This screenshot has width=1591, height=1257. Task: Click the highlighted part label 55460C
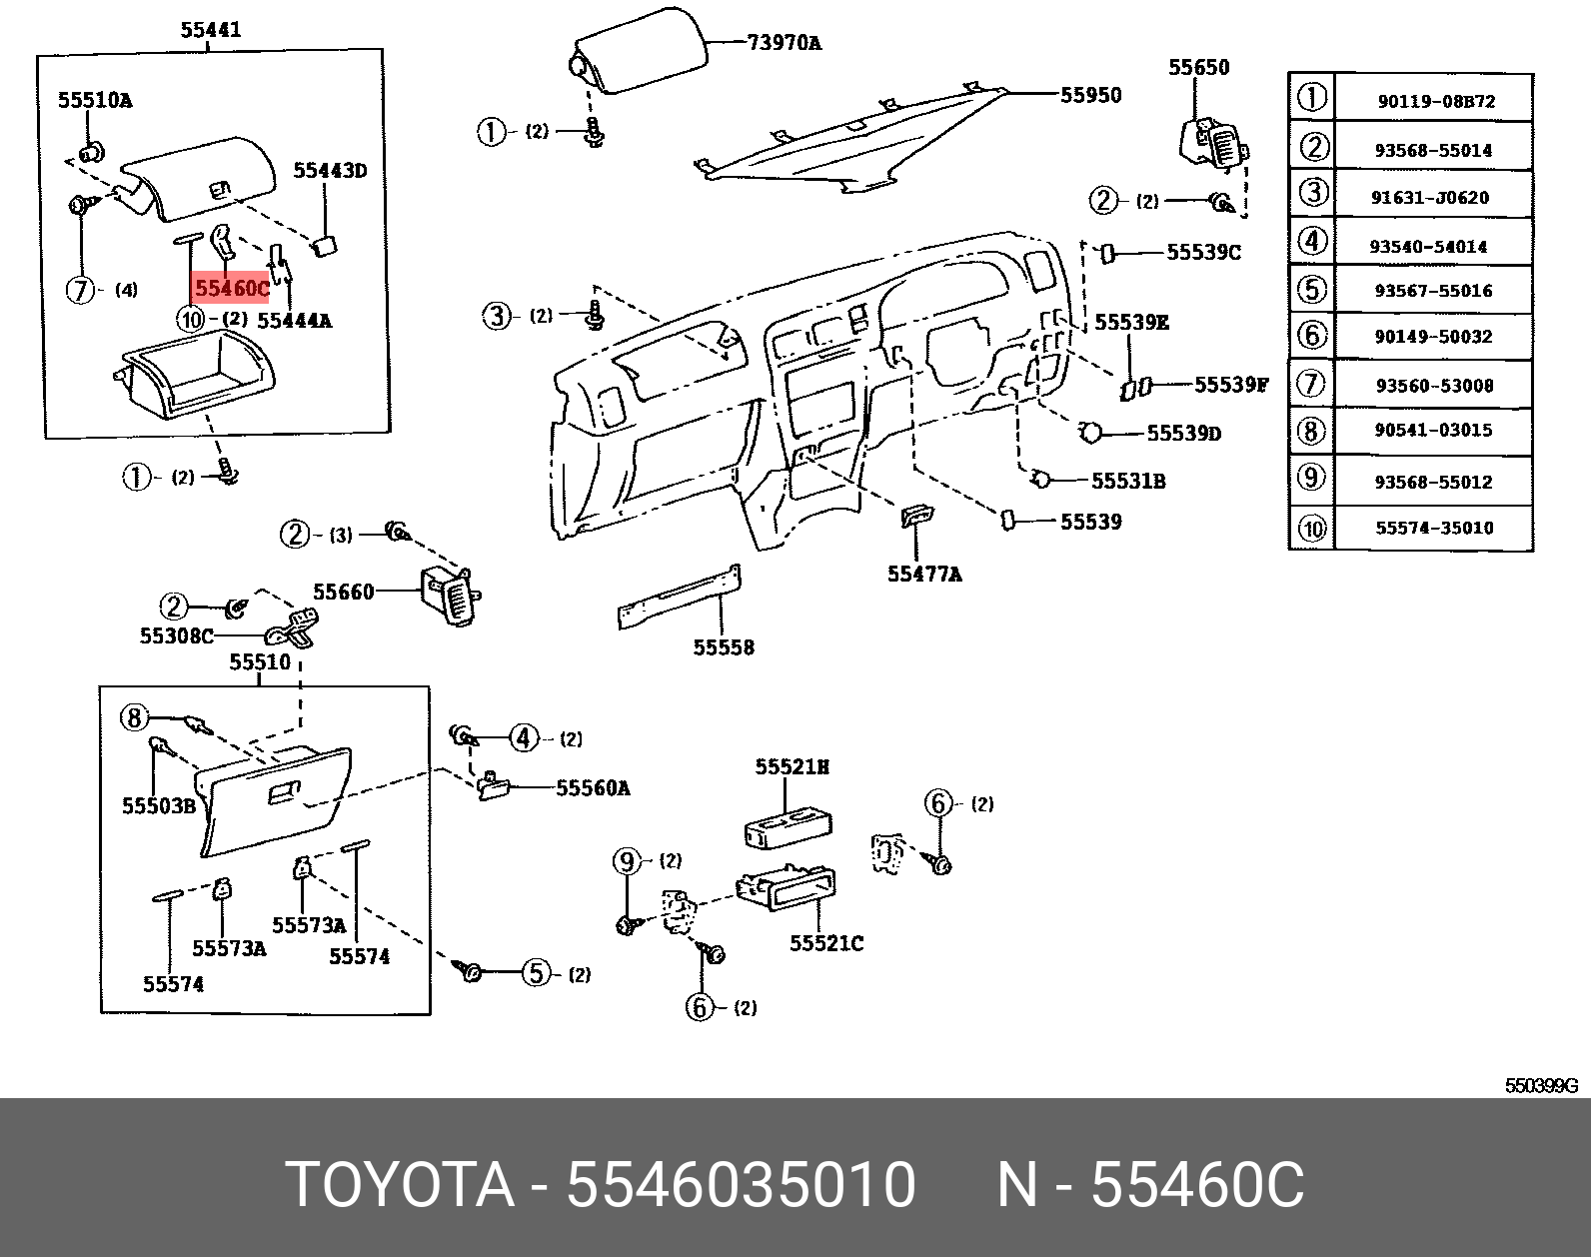click(232, 289)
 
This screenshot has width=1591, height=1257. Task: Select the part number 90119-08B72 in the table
click(1436, 101)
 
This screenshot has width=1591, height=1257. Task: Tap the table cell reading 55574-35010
click(1434, 528)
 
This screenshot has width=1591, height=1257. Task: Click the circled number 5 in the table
click(1311, 290)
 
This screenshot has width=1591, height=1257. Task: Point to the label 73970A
click(784, 43)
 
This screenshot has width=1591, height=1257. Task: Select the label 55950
click(1090, 95)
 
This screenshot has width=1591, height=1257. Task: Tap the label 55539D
click(1183, 433)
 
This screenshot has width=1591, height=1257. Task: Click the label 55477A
click(924, 574)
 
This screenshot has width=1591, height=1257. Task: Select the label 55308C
click(176, 635)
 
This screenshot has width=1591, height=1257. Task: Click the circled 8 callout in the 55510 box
click(135, 717)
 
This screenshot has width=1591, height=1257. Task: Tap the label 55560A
click(593, 788)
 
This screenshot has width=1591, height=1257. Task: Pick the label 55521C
click(825, 943)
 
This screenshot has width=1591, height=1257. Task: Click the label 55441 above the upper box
click(210, 30)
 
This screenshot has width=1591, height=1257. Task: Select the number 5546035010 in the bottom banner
click(741, 1185)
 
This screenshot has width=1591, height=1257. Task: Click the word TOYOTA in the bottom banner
click(400, 1185)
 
